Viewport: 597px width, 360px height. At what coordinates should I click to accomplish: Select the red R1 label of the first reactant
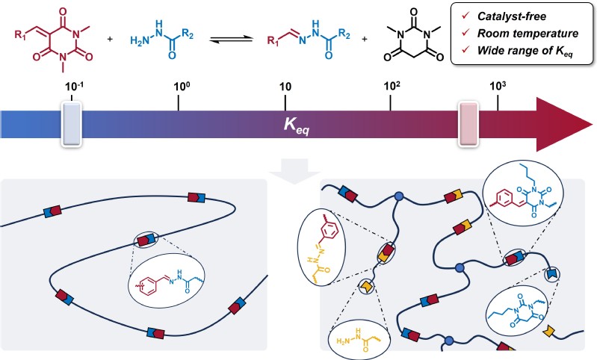[20, 33]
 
